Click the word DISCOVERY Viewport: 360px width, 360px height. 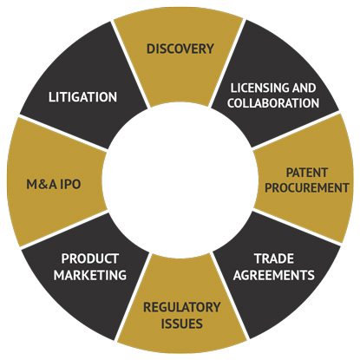180,49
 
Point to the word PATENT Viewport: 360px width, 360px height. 303,172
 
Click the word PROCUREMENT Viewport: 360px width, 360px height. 303,187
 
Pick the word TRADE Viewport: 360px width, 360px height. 273,259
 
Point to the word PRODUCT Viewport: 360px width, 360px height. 89,259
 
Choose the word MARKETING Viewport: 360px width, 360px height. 89,275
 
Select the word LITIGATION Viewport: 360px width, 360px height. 83,96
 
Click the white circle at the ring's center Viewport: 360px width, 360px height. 180,180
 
